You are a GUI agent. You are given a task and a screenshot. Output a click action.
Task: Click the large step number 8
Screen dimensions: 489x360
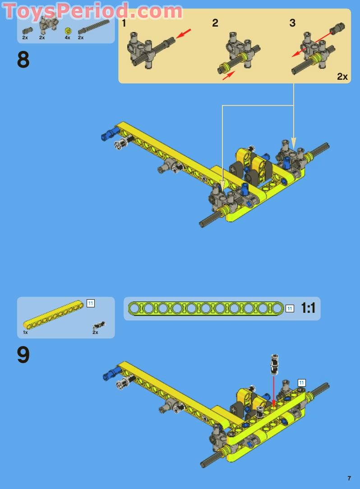point(23,60)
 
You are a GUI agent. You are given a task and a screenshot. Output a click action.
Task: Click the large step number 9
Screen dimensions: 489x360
point(23,355)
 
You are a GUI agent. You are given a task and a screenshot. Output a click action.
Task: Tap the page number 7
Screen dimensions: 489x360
point(349,478)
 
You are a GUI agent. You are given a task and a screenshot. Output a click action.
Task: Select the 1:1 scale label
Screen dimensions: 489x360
point(308,308)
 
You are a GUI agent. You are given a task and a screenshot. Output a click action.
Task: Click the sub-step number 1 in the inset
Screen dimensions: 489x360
point(124,23)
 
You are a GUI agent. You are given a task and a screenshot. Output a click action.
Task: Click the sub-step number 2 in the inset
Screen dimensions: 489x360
point(215,23)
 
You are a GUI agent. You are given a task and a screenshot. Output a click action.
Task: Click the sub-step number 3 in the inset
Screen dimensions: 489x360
point(292,23)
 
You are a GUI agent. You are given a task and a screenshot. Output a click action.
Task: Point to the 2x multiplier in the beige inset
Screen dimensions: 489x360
point(342,76)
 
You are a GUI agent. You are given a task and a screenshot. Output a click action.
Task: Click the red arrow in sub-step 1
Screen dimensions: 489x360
point(184,34)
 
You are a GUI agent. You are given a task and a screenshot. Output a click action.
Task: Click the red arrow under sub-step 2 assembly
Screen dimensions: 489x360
point(229,75)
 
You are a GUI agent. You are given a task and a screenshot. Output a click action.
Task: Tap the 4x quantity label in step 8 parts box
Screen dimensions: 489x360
point(67,38)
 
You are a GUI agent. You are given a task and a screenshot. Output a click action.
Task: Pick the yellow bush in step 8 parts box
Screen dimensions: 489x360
point(68,31)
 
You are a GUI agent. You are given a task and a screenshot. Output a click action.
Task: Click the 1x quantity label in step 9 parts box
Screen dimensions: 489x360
point(25,332)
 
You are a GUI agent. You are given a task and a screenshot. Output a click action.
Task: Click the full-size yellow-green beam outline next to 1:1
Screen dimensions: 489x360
point(206,308)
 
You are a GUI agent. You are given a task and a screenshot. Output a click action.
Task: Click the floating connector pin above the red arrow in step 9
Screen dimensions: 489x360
point(273,364)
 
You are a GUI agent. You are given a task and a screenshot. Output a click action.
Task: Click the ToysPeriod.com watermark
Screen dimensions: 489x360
point(93,11)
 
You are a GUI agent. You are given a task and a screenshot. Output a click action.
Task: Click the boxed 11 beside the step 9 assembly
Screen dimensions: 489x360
point(301,383)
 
